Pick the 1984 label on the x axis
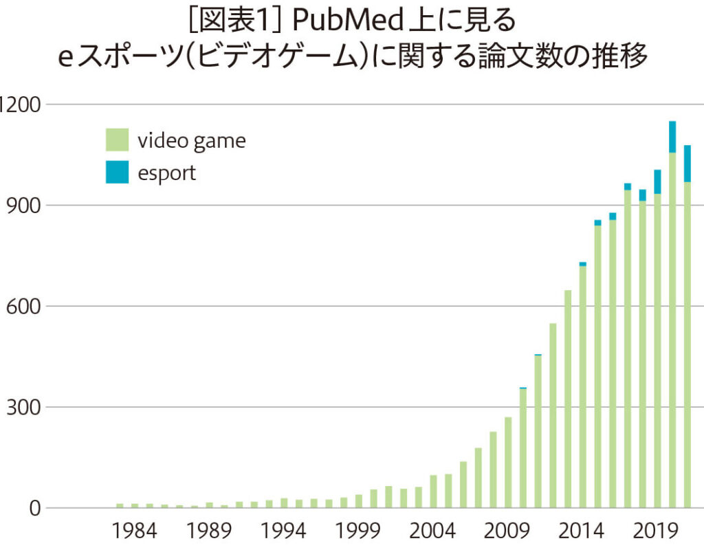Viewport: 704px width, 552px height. [x=135, y=531]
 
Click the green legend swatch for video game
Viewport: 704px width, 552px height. [x=116, y=140]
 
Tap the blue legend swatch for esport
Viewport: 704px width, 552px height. [x=116, y=173]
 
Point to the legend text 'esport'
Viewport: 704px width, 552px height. [x=166, y=173]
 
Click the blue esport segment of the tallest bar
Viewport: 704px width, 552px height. [x=672, y=137]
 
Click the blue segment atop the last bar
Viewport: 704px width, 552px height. [x=687, y=163]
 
